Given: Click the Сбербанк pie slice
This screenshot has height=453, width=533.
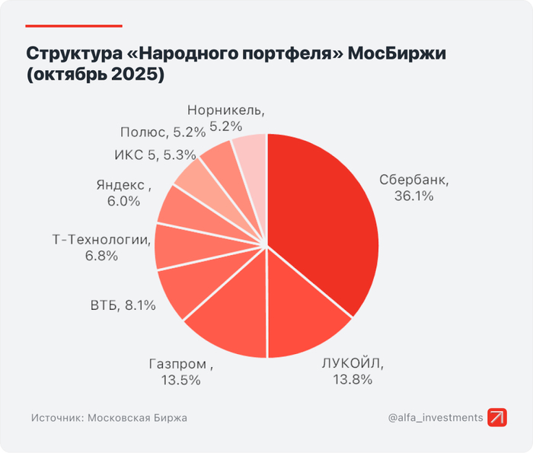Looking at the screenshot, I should pyautogui.click(x=327, y=221).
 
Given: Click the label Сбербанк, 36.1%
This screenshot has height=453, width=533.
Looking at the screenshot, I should pyautogui.click(x=414, y=188).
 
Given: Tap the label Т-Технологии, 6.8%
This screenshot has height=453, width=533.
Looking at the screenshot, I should pyautogui.click(x=100, y=248).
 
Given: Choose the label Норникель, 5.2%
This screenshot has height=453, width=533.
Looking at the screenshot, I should pyautogui.click(x=225, y=116).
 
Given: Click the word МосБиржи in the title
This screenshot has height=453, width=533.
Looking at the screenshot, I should pyautogui.click(x=395, y=55).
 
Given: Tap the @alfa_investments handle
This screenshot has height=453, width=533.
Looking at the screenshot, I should pyautogui.click(x=435, y=417).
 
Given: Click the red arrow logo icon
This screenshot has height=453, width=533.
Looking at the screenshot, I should pyautogui.click(x=499, y=417).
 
